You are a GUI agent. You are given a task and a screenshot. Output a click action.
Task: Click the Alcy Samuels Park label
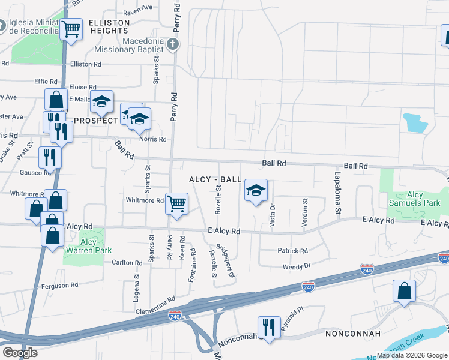click(415, 199)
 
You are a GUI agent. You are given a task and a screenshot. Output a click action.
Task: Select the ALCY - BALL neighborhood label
click(215, 179)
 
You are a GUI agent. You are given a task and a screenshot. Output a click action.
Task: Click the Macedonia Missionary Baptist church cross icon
click(173, 44)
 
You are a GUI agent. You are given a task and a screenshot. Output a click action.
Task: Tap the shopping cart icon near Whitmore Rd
click(176, 203)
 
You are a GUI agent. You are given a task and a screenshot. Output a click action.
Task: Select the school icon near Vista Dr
click(256, 191)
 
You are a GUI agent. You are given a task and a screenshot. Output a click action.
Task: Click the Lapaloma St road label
click(337, 193)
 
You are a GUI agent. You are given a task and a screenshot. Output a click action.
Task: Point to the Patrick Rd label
click(292, 251)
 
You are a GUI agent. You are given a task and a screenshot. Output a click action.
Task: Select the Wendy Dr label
click(298, 266)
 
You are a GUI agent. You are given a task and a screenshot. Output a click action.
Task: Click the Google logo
click(20, 353)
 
